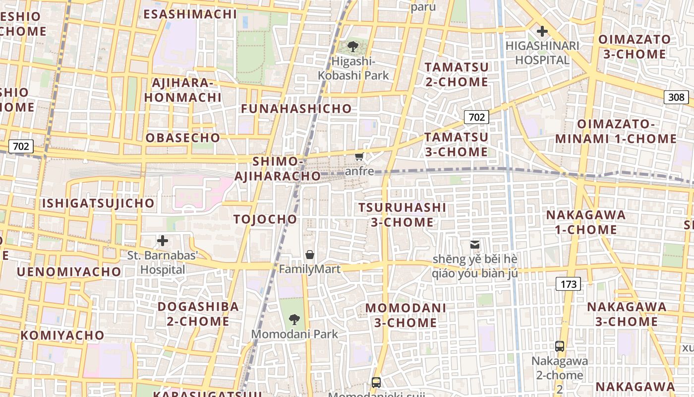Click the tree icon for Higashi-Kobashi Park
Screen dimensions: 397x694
353,47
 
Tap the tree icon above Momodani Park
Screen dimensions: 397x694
294,319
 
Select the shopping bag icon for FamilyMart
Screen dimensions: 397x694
310,255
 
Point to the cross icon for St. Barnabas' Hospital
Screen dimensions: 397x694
163,241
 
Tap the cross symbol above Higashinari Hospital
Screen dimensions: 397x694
542,31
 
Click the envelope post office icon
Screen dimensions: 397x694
475,244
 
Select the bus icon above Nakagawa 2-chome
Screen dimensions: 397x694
560,346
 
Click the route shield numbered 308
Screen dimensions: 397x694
676,97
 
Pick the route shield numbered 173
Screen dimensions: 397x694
568,284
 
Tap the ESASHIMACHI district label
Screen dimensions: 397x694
190,14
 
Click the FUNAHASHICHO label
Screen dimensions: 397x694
296,109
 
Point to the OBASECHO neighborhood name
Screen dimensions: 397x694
182,138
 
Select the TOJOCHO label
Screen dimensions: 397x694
265,219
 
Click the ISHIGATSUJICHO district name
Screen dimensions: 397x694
98,203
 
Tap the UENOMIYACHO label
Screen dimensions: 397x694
69,272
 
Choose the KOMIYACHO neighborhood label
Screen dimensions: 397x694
62,335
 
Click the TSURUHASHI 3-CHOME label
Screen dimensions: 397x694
402,215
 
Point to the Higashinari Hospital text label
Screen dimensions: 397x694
542,53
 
